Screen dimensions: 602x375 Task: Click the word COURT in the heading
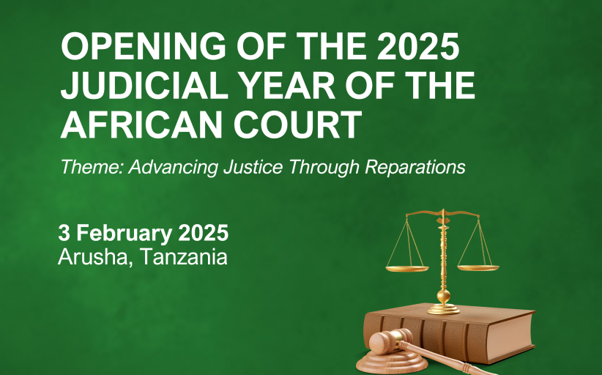pos(298,125)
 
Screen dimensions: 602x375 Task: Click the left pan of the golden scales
pos(407,269)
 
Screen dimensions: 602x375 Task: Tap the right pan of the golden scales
pos(478,268)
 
